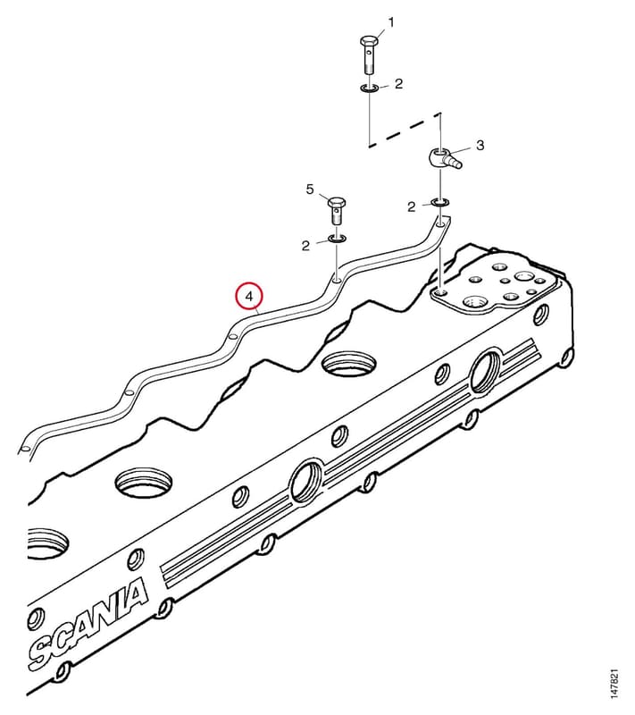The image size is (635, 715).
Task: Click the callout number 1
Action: [x=391, y=21]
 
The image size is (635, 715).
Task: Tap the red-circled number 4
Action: [x=248, y=297]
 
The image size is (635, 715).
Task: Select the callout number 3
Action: [x=480, y=146]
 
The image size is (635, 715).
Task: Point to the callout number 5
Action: [x=310, y=189]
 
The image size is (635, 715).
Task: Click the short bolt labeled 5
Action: [x=337, y=210]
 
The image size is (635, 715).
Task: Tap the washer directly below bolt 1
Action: [x=368, y=88]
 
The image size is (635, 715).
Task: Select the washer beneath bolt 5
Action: [x=337, y=239]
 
